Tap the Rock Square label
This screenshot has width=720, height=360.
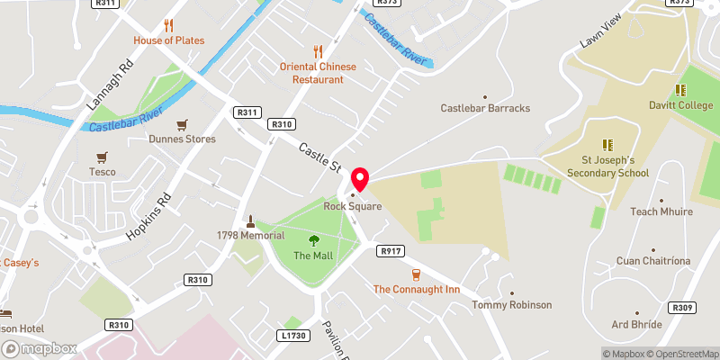355,206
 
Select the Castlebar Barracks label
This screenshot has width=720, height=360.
485,108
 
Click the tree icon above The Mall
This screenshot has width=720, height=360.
313,240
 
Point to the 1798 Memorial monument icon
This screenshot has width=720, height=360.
250,220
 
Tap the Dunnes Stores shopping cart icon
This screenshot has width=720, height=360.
183,125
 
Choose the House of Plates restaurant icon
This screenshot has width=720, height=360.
168,25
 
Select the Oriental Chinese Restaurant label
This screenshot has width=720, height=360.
317,73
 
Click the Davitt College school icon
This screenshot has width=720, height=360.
681,90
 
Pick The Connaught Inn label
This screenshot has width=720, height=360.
416,289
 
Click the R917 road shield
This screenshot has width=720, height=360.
390,251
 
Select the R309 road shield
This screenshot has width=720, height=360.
684,308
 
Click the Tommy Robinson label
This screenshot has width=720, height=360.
512,305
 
